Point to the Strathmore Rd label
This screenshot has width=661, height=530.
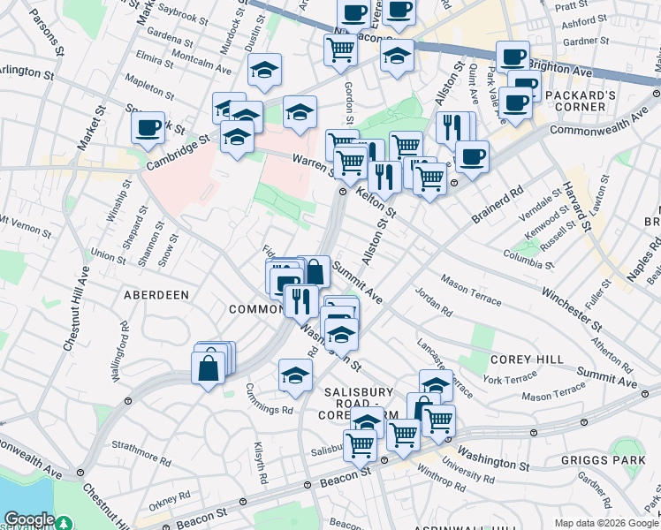point(133,454)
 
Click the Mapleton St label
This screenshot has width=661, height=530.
point(147,88)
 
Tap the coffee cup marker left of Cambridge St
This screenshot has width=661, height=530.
point(148,128)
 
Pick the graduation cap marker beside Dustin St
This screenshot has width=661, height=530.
point(263,72)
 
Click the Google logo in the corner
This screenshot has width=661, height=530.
point(28,519)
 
